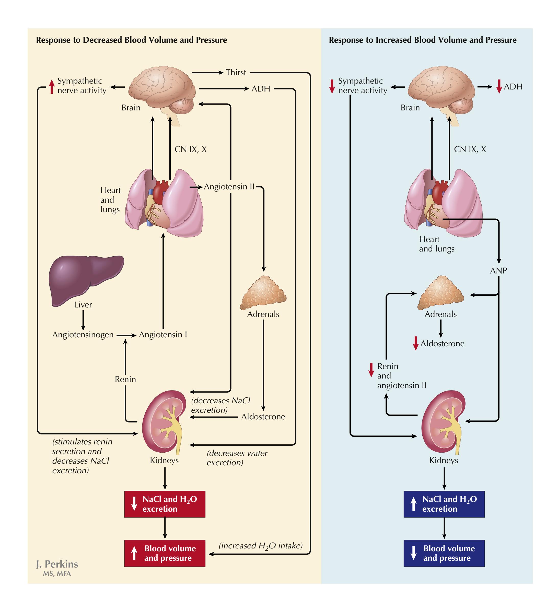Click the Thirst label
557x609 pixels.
236,73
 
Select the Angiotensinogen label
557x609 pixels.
83,335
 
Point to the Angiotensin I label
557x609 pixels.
163,335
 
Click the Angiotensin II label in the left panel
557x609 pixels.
229,187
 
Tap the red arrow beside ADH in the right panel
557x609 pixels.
499,87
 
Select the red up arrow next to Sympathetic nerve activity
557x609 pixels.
52,86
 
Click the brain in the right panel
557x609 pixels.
440,89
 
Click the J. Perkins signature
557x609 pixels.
57,564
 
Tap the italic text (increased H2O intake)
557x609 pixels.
260,546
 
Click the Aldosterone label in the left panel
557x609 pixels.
263,417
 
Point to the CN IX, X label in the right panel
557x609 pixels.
470,149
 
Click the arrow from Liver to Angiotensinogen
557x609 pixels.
83,320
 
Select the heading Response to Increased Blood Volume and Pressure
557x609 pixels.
422,40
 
